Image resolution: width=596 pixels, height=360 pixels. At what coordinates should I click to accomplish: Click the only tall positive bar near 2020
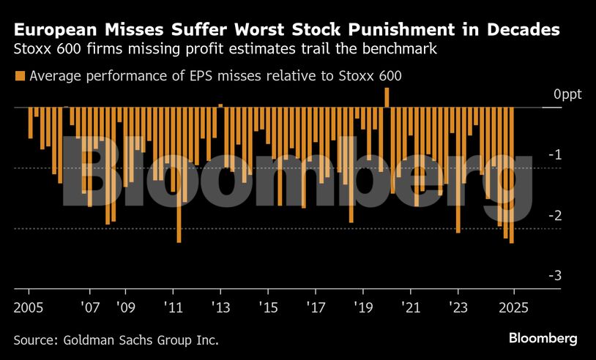coord(387,97)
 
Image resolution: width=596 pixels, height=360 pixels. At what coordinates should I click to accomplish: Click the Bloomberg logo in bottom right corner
coord(543,338)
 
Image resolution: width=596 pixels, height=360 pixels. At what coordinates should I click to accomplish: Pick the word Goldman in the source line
coord(89,340)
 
